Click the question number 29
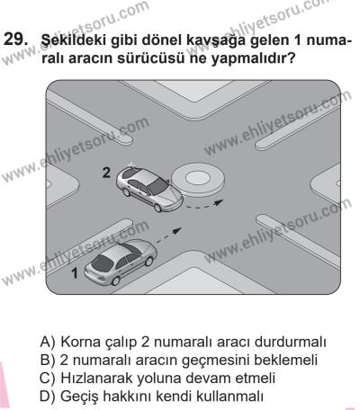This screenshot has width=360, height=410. tap(19, 42)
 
